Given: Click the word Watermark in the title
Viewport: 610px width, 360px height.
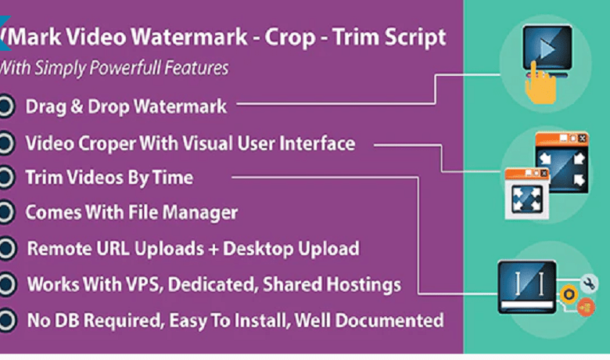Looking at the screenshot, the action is coord(189,38).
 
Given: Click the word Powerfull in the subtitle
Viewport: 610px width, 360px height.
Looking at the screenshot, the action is coord(124,69).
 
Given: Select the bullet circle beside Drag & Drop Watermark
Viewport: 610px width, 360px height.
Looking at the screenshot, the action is coord(6,106).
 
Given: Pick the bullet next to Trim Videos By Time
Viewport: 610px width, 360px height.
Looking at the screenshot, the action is coord(6,178).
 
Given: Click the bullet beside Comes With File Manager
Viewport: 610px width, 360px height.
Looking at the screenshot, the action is coord(6,213).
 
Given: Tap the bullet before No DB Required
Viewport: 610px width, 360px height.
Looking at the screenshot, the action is coord(7,320).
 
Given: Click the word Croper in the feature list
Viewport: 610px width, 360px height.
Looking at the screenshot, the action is coord(107,144).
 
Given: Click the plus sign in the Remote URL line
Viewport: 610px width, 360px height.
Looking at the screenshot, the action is coord(213,249).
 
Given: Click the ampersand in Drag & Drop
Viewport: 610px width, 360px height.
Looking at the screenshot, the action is coord(77,106).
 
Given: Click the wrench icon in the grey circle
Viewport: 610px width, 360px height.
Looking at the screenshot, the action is coord(589,283).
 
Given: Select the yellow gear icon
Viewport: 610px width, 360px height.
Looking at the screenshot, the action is coord(569,294).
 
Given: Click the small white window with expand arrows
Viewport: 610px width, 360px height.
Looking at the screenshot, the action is coord(527,194).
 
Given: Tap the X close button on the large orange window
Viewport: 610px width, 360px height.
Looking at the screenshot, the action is coord(582,139).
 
